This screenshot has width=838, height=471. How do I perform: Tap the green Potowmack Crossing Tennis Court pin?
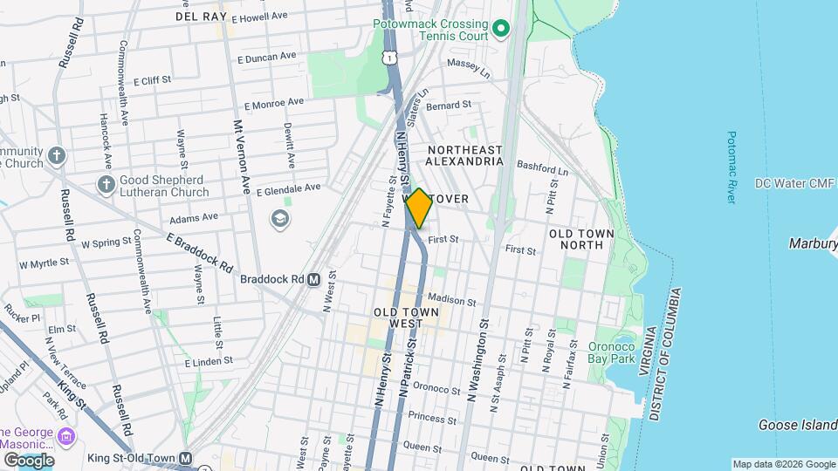coord(500,30)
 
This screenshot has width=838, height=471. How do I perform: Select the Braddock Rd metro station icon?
coord(313,279)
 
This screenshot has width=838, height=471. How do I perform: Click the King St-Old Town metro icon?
coord(185,458)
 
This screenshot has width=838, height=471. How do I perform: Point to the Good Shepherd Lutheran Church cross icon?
coord(106,185)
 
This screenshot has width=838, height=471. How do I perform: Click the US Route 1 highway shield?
coord(389,57)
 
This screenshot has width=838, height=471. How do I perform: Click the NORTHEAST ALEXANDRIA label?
coord(465,155)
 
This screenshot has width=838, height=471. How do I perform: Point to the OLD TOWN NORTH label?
coord(581,239)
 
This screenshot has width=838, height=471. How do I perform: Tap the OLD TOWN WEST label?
coord(399,317)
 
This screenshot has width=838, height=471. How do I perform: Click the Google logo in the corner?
coord(29,460)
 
